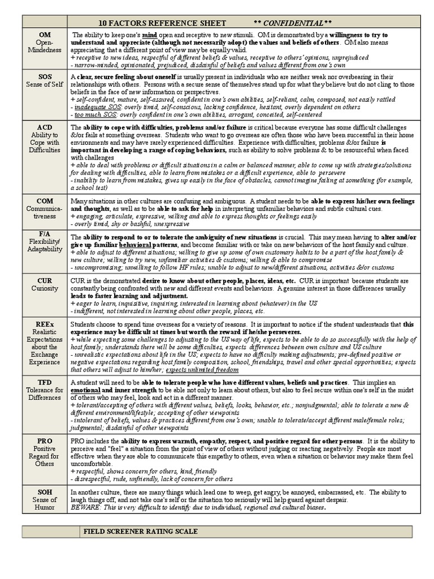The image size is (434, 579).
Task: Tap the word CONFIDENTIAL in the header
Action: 293,23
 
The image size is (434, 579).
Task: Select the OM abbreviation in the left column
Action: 44,34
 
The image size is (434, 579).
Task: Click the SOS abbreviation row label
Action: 44,76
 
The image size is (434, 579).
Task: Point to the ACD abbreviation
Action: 44,127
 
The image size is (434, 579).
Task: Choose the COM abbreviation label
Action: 44,201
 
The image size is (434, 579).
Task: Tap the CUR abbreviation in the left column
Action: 44,280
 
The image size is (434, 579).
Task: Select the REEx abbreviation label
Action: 44,324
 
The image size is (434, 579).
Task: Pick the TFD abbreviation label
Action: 44,382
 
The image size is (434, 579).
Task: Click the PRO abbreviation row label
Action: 44,440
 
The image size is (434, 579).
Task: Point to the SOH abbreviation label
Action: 44,492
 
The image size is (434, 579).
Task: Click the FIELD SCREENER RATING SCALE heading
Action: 140,532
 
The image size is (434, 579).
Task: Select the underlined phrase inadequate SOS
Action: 93,106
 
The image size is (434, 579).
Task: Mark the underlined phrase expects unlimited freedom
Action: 202,369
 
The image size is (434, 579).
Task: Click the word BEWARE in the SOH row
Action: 84,507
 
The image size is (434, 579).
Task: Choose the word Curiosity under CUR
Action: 44,288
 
